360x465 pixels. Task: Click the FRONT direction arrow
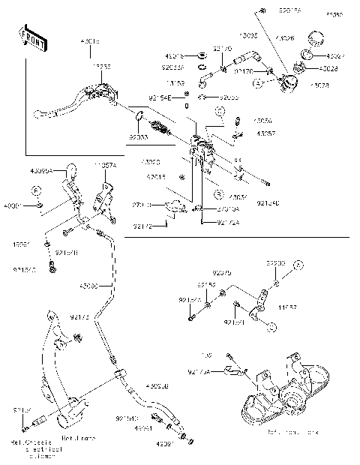(x=29, y=37)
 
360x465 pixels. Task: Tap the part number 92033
(x=137, y=137)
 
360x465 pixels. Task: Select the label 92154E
(x=160, y=97)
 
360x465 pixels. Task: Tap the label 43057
(x=263, y=133)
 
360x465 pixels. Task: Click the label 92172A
(x=229, y=222)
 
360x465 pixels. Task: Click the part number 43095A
(x=41, y=171)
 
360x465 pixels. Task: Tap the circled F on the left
(x=36, y=192)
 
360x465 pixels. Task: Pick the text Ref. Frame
(x=78, y=437)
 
